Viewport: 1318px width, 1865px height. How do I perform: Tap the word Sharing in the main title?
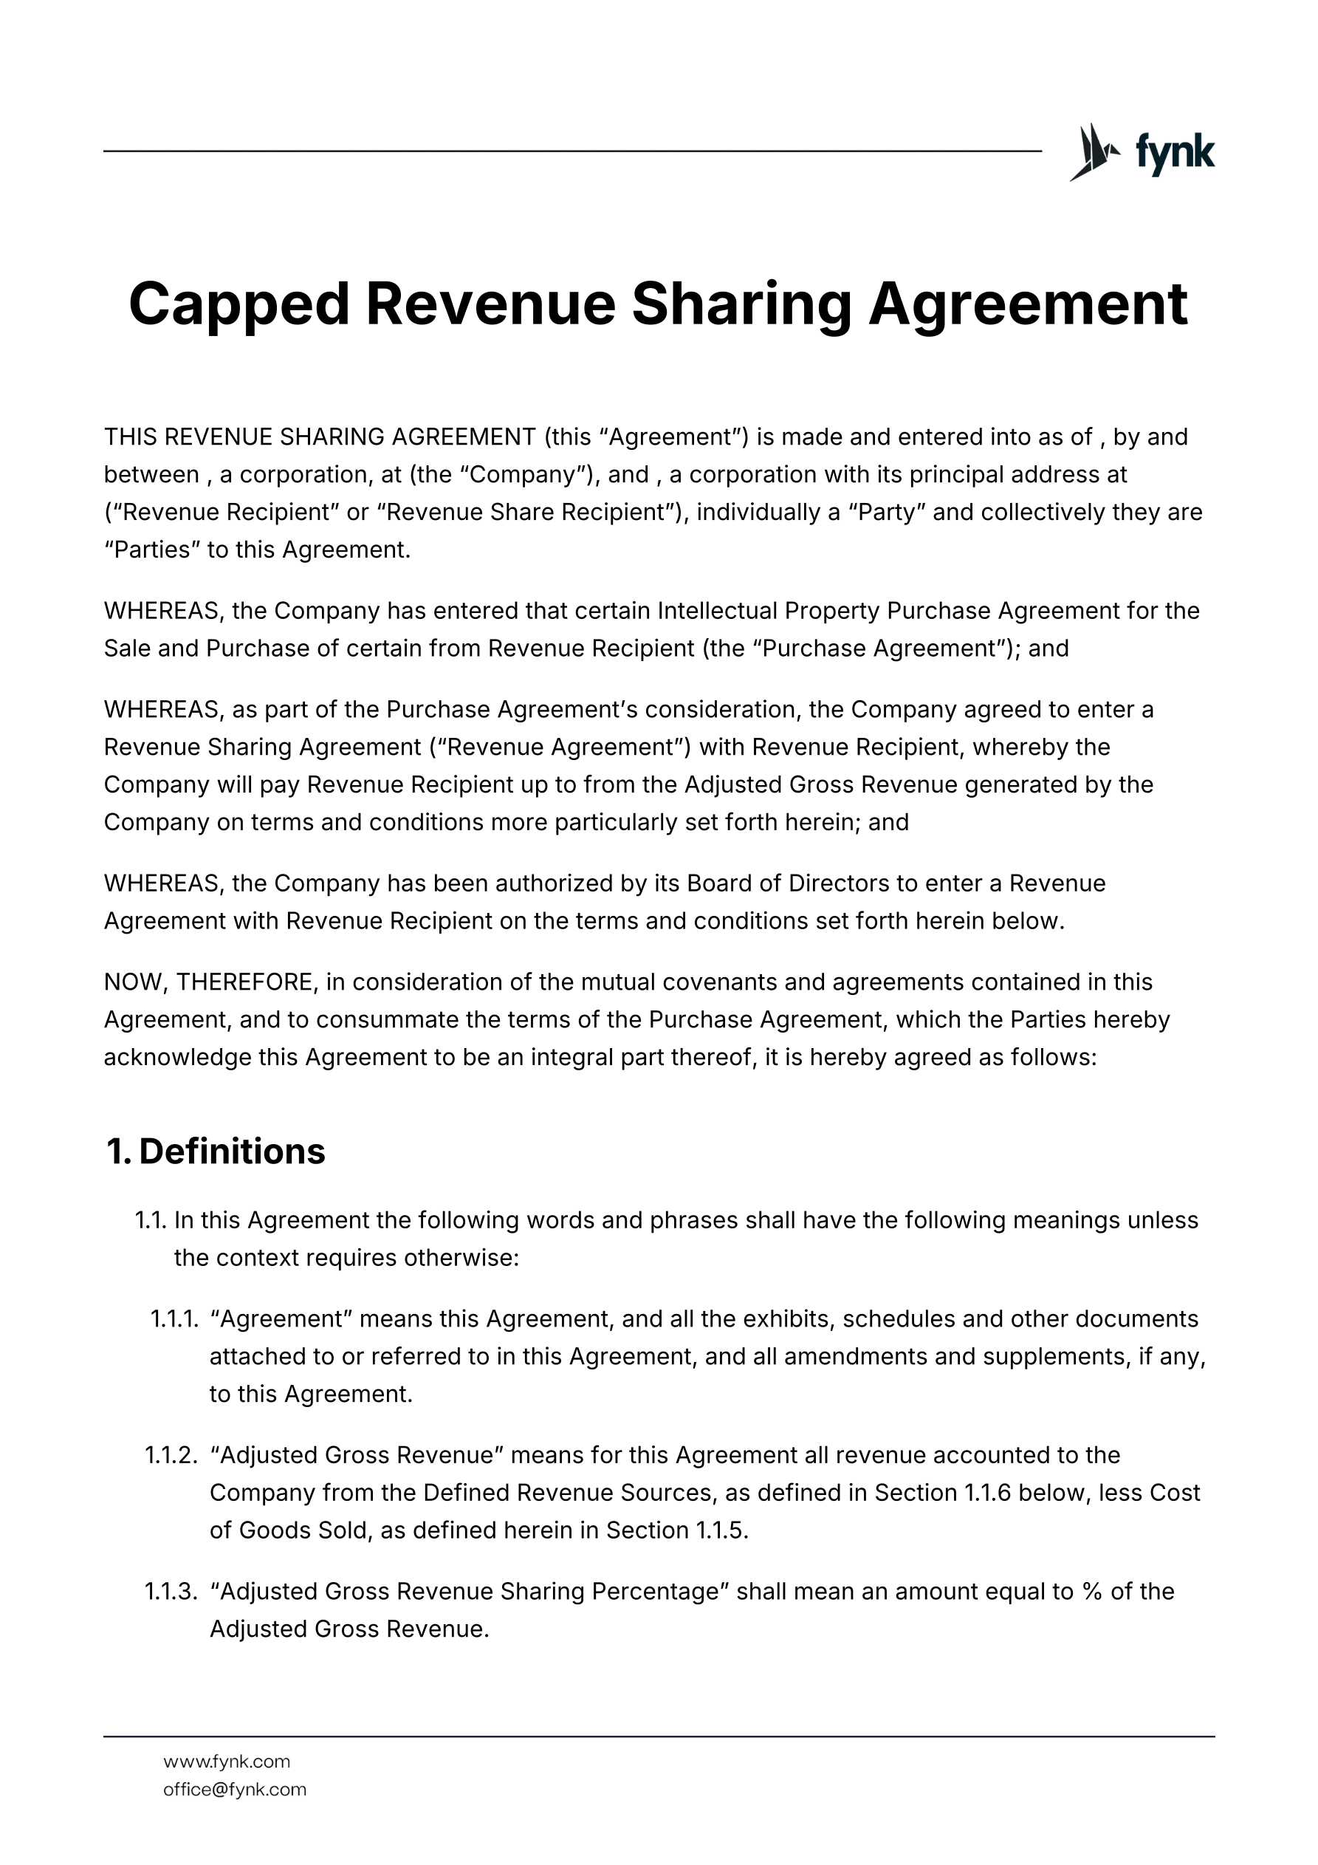(x=741, y=304)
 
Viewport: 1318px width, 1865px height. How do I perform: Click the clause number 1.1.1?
(x=174, y=1318)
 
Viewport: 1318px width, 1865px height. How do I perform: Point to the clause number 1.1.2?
(x=171, y=1455)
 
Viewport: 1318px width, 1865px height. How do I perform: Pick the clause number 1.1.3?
(x=171, y=1591)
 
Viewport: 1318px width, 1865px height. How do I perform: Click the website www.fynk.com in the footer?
(x=227, y=1762)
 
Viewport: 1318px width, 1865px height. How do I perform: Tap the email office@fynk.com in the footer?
(x=235, y=1790)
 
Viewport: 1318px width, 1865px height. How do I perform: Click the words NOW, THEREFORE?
(x=208, y=982)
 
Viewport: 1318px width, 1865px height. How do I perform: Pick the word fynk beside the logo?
(x=1174, y=152)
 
